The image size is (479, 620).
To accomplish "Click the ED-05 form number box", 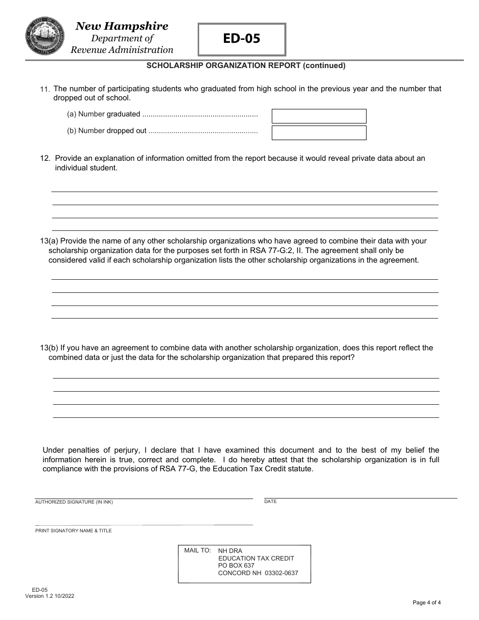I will tap(242, 39).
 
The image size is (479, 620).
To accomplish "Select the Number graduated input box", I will tap(319, 116).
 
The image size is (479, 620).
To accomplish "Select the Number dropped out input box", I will tap(319, 133).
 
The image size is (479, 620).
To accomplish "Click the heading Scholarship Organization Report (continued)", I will tap(246, 65).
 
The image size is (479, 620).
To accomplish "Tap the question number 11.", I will tap(45, 89).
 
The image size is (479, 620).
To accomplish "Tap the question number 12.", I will tap(45, 158).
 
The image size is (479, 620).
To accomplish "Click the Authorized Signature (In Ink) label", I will tap(74, 502).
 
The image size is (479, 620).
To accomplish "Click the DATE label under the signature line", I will tap(270, 502).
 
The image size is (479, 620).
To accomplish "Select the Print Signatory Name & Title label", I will tap(73, 531).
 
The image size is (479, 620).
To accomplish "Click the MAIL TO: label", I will tap(197, 550).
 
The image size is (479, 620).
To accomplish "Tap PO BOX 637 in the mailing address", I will tap(236, 566).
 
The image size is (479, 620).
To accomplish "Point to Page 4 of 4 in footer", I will tap(427, 602).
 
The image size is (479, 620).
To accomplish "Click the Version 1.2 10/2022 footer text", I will tap(50, 596).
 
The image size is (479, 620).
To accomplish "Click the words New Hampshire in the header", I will tap(122, 26).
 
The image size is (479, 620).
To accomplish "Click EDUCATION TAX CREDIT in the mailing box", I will tap(256, 558).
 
